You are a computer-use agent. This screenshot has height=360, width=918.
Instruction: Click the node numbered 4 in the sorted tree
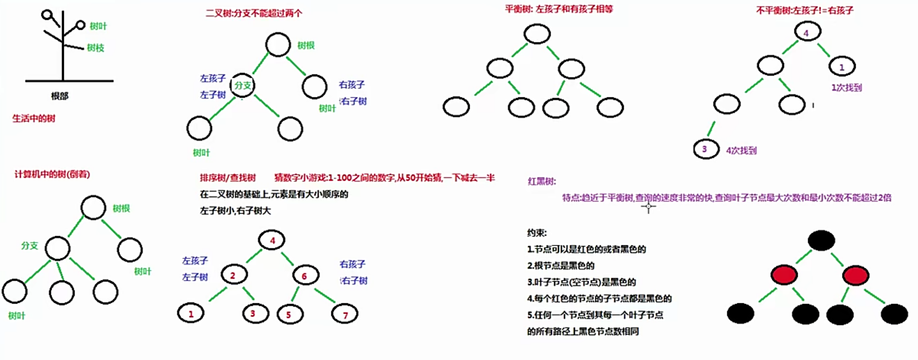[272, 240]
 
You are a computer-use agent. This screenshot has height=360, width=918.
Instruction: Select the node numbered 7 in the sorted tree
[345, 314]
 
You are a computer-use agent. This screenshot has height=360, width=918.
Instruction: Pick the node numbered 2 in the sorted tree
[234, 275]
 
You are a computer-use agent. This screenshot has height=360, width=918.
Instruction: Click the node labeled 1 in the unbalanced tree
[842, 67]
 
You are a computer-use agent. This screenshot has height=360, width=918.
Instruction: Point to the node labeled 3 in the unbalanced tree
[706, 149]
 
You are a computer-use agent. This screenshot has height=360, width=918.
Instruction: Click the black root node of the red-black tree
[821, 241]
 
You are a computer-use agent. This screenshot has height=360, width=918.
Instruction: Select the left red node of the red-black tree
[784, 275]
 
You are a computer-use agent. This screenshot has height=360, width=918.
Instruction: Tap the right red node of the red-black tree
[855, 275]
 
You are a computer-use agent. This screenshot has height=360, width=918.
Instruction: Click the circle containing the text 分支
[243, 85]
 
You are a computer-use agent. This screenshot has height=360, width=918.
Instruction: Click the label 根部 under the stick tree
[60, 96]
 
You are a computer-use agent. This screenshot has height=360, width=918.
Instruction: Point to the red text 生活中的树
[34, 118]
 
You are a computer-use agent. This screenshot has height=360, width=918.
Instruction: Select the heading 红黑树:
[542, 181]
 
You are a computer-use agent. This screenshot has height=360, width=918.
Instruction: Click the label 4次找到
[742, 151]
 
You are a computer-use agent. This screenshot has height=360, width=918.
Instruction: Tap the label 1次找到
[847, 87]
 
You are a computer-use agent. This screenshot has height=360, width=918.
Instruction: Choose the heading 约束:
[537, 233]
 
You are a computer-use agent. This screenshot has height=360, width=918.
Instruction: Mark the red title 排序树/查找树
[228, 177]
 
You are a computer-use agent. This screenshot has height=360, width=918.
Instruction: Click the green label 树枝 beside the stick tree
[96, 48]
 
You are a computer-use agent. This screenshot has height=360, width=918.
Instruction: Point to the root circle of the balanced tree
[537, 34]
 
